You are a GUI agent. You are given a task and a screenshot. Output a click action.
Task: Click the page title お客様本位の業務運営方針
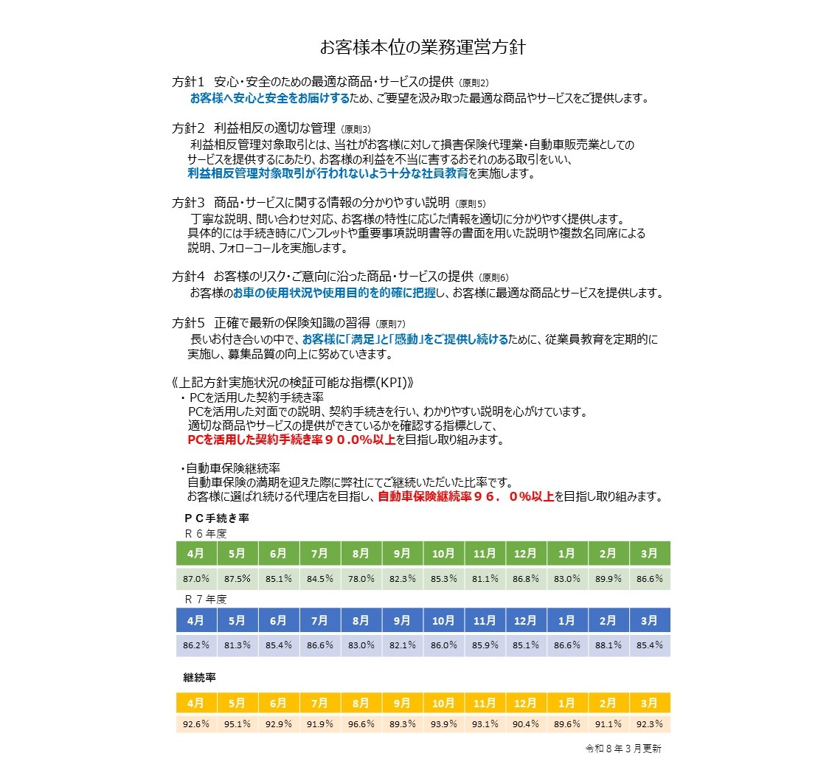pos(422,48)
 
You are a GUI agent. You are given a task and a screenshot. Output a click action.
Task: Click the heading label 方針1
pos(187,82)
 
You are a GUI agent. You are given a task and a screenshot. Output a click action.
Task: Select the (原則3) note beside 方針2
pos(357,129)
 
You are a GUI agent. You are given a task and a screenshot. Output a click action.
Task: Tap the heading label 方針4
pos(187,277)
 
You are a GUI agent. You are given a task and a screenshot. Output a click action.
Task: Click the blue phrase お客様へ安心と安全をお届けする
pos(269,97)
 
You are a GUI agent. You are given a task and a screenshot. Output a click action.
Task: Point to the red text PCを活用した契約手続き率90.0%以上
pos(291,440)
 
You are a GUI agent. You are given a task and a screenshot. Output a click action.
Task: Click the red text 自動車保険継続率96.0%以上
pos(465,497)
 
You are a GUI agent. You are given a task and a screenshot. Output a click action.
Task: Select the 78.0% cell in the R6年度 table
pos(361,579)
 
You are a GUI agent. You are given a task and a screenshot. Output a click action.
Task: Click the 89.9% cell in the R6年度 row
pos(609,579)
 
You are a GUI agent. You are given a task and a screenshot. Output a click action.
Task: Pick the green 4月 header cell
pos(195,552)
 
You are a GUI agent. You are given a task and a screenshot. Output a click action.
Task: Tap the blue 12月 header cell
pos(526,620)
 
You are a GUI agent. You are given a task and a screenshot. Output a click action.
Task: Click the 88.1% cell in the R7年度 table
pos(609,645)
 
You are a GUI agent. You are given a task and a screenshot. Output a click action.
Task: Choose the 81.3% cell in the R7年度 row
pos(237,645)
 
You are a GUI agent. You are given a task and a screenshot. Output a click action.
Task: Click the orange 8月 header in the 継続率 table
pos(361,703)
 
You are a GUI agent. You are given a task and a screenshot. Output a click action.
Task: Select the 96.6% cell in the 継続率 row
pos(361,723)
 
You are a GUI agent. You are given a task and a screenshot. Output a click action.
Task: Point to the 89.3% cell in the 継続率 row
pos(402,723)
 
